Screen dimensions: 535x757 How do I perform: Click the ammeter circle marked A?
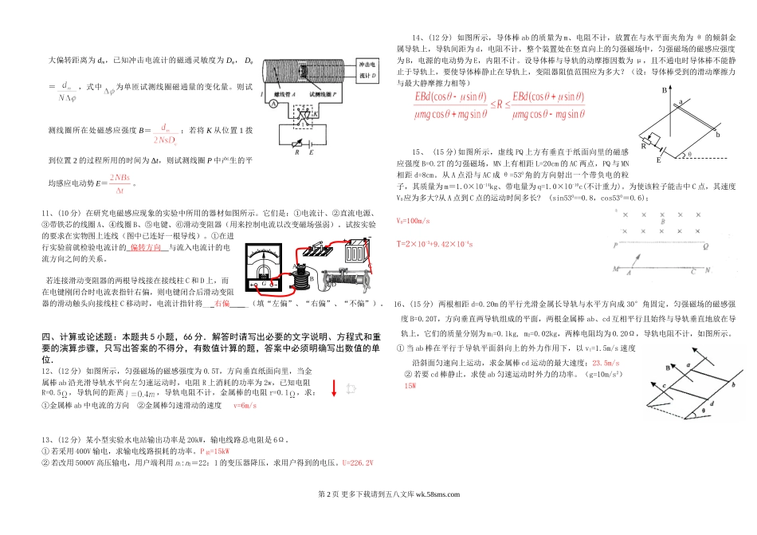tap(273, 104)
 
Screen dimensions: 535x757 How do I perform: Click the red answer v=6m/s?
tap(245, 406)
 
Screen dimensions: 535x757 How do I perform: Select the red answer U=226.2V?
tap(357, 464)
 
